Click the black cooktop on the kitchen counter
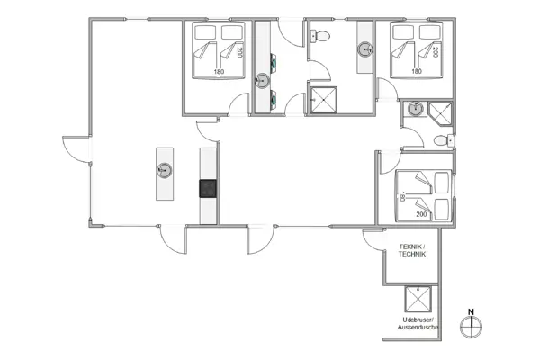pos(208,188)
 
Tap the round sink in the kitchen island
pos(165,169)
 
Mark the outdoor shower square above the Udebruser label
pos(419,298)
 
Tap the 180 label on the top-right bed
pos(416,70)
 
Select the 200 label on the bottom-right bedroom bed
pos(421,214)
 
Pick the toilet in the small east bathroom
pos(441,139)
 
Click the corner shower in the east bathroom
pos(441,112)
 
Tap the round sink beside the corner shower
pos(415,110)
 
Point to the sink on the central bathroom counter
pos(365,49)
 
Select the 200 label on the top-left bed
pos(240,51)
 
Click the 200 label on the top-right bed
pos(436,51)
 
